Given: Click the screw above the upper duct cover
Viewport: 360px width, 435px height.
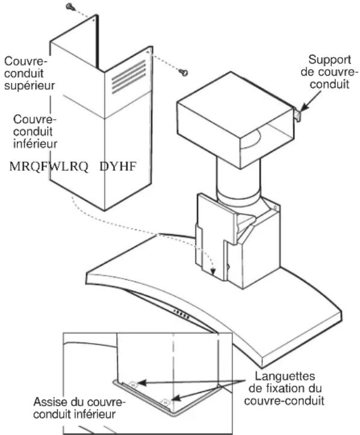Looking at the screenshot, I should pyautogui.click(x=71, y=7).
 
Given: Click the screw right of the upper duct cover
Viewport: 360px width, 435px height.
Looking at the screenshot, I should pyautogui.click(x=184, y=72).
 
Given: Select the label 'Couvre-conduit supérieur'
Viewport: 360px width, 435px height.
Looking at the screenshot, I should pyautogui.click(x=29, y=73).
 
